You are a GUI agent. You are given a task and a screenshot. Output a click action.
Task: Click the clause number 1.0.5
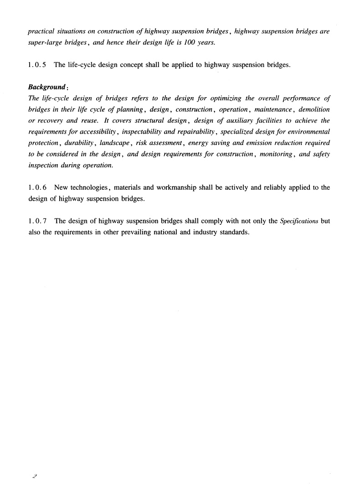(x=37, y=65)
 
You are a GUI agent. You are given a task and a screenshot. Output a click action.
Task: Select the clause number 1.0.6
(x=37, y=187)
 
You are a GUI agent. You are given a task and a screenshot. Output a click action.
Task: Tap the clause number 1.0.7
(x=37, y=221)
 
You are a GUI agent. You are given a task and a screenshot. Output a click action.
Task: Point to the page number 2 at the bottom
(x=34, y=477)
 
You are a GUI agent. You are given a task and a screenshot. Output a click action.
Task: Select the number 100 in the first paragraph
(x=180, y=43)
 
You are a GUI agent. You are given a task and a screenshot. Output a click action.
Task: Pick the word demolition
(x=314, y=109)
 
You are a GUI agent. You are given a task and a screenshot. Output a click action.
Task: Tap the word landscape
(x=114, y=143)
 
